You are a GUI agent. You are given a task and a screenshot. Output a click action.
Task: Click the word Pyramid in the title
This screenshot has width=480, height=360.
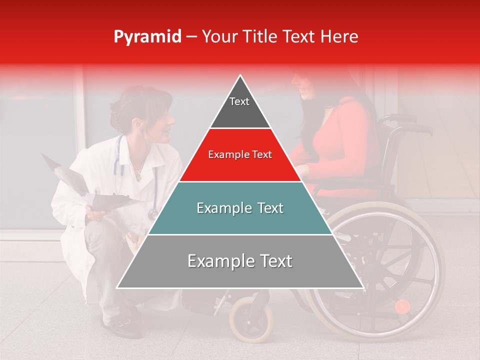tap(147, 37)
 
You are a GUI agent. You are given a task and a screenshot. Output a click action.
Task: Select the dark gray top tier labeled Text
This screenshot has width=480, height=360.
tap(239, 107)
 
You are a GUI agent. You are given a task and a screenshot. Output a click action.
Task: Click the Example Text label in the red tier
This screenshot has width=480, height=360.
tap(240, 155)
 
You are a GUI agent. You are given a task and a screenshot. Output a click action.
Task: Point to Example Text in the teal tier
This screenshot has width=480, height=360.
tap(240, 208)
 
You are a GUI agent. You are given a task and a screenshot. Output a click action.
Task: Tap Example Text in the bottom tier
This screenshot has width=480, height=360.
tap(240, 261)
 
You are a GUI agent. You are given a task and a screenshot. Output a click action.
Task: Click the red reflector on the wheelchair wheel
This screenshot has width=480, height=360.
tap(402, 306)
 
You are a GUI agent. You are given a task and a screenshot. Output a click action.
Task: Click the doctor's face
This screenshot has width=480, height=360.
tap(162, 122)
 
